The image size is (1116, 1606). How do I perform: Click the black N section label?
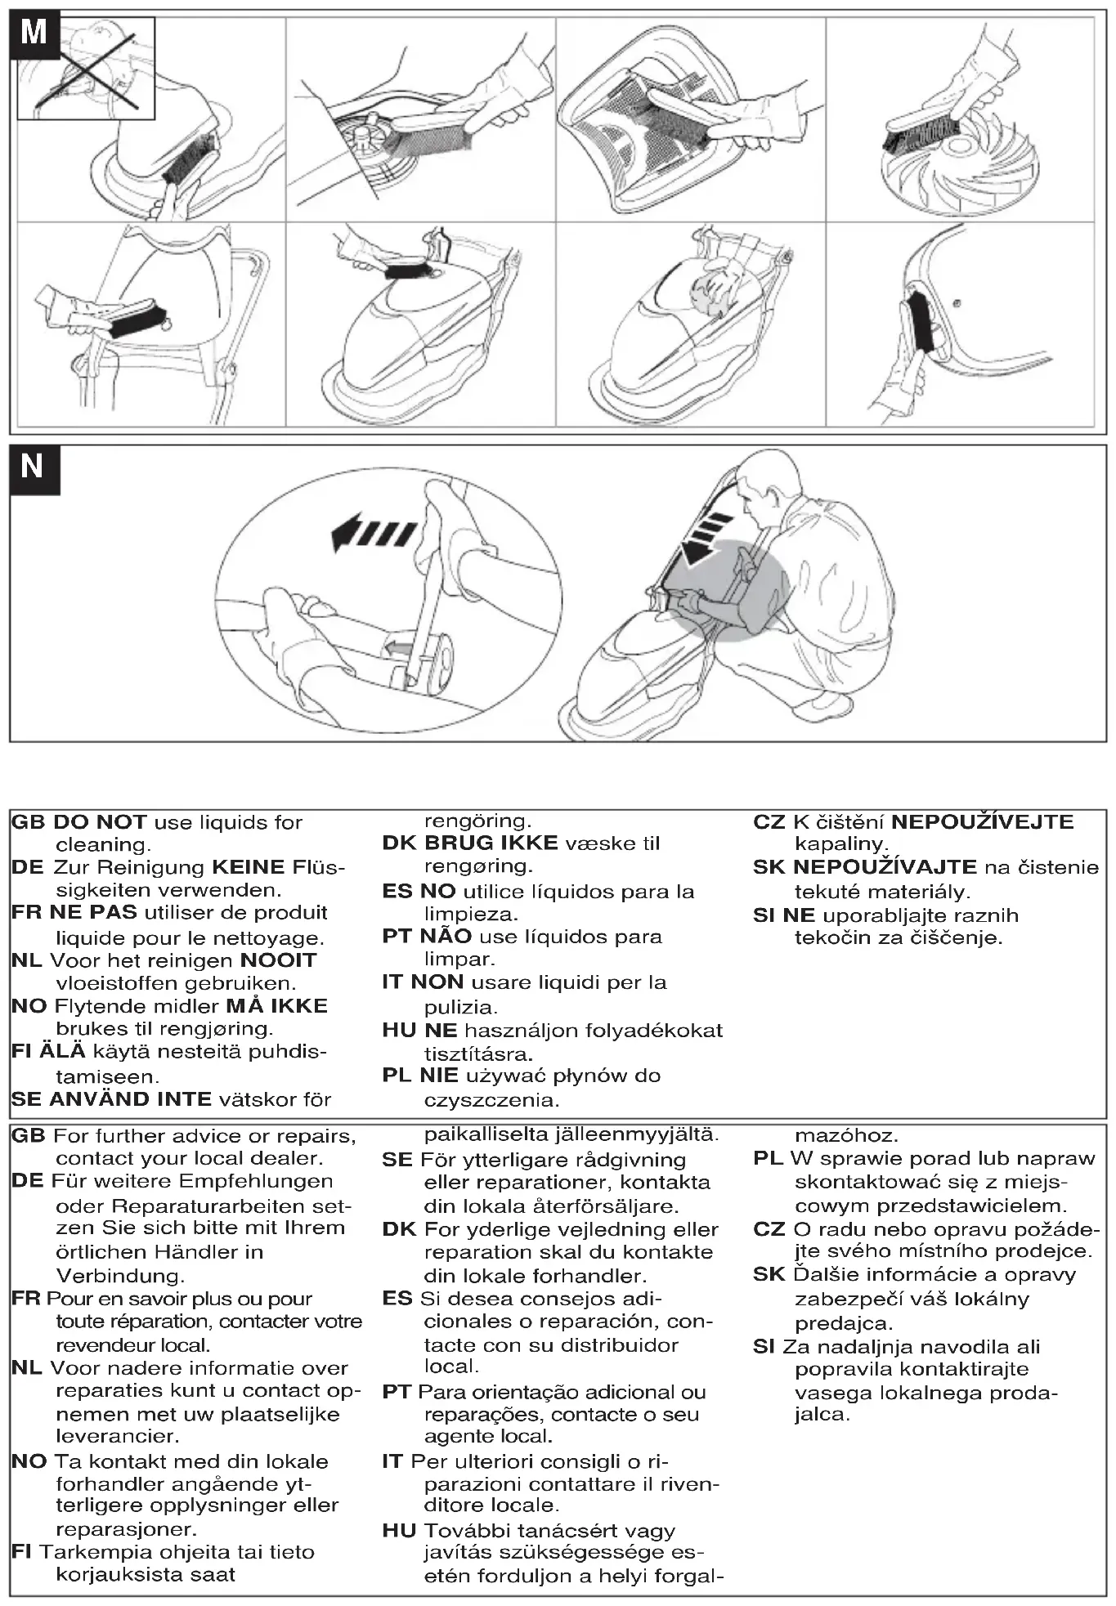tap(34, 468)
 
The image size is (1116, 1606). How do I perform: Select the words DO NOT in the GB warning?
tap(101, 822)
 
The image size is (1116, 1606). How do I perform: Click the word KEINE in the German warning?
tap(249, 867)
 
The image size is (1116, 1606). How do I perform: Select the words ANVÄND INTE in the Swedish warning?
tap(131, 1099)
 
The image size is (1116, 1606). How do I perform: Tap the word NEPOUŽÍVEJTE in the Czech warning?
tap(982, 822)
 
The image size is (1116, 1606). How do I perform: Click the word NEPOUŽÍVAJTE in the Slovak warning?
tap(885, 867)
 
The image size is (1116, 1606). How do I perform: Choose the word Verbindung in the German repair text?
tap(119, 1276)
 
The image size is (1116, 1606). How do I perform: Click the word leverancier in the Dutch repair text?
tap(117, 1436)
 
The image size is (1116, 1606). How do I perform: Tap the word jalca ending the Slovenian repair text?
tap(822, 1415)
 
